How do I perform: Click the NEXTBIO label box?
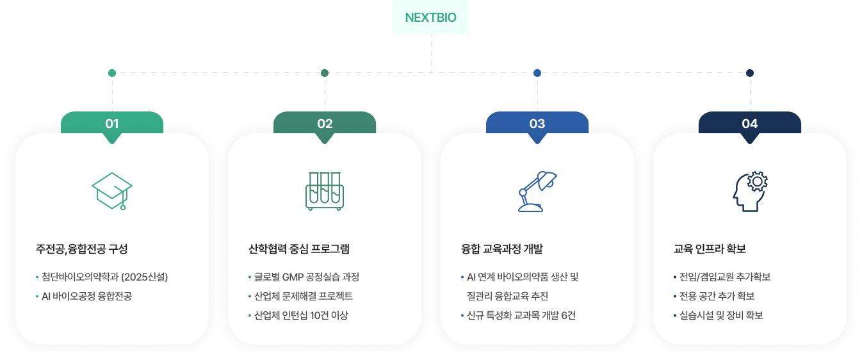[430, 18]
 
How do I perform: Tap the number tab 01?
[112, 124]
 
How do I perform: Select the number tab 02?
[325, 124]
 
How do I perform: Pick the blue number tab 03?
[537, 124]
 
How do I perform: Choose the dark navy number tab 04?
[750, 124]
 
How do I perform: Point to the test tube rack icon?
[325, 191]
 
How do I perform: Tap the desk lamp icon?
[537, 191]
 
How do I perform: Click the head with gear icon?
[750, 191]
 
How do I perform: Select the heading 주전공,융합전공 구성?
[82, 249]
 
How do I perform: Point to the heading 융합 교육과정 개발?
[502, 249]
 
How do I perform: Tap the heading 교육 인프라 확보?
[710, 249]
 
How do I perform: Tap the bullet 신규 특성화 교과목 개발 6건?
[521, 316]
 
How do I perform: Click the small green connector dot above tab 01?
[112, 73]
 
